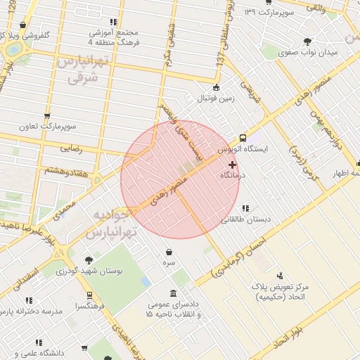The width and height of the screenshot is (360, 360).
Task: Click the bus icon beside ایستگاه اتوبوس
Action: tap(243, 139)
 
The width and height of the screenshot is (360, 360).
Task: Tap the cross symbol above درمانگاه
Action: tap(233, 164)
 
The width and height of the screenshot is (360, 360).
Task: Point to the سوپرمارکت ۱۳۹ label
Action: tap(268, 13)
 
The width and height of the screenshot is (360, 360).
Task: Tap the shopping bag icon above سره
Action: tap(169, 252)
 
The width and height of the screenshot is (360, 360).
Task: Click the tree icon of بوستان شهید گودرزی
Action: tap(89, 259)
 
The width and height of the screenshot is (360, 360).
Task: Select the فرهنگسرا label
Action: tap(91, 307)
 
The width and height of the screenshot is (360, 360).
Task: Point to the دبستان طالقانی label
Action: tap(245, 219)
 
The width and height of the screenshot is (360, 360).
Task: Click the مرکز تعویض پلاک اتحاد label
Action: tap(281, 292)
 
